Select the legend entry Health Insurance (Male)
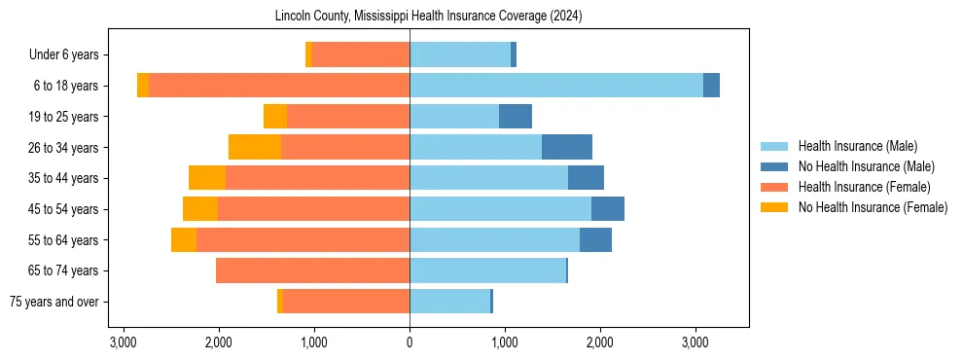pyautogui.click(x=857, y=146)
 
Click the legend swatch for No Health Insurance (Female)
pyautogui.click(x=775, y=207)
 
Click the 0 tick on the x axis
pyautogui.click(x=410, y=342)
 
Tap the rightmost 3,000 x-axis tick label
pyautogui.click(x=695, y=342)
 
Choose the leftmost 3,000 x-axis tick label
pyautogui.click(x=124, y=342)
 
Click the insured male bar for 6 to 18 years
pyautogui.click(x=555, y=86)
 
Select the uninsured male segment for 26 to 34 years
pyautogui.click(x=567, y=147)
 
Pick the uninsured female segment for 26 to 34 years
pyautogui.click(x=255, y=147)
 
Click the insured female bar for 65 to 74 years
pyautogui.click(x=312, y=270)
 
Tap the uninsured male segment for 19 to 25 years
pyautogui.click(x=516, y=117)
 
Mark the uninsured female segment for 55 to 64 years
pyautogui.click(x=184, y=239)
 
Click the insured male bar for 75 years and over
pyautogui.click(x=449, y=302)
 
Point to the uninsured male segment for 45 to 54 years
pyautogui.click(x=608, y=209)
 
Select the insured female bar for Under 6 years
pyautogui.click(x=361, y=54)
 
